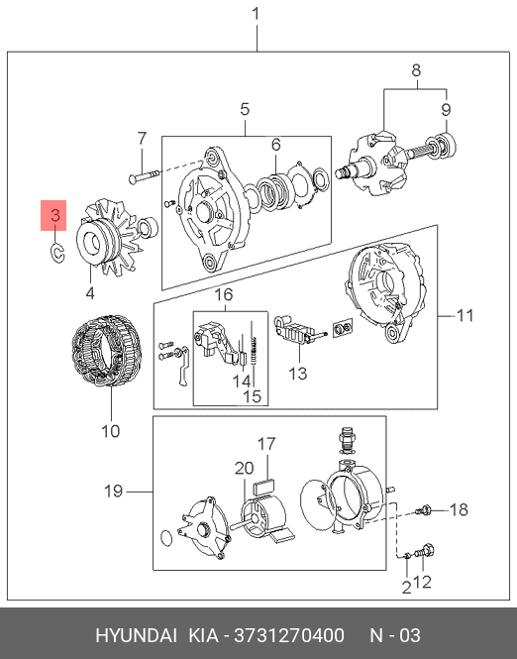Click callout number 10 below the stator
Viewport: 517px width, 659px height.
coord(111,431)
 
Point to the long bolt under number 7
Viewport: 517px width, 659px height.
coord(145,176)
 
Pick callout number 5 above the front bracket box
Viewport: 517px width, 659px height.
coord(245,109)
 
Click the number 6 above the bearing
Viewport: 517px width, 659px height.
coord(276,145)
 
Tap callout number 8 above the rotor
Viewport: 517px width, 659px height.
coord(416,70)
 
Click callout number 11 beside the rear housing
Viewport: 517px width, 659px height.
coord(465,315)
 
